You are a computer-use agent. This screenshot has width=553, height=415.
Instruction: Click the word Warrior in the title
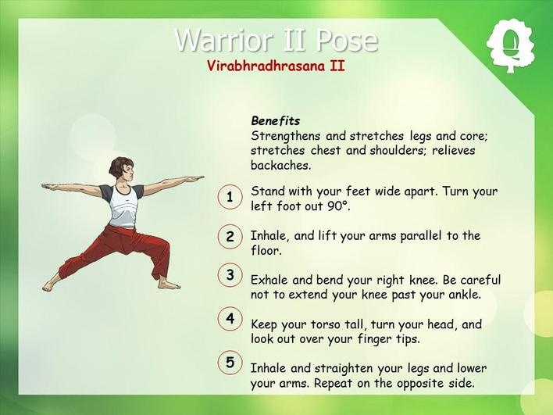pyautogui.click(x=223, y=40)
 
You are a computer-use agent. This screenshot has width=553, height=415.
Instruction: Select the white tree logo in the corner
pyautogui.click(x=510, y=46)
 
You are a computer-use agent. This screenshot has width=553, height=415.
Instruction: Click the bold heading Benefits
pyautogui.click(x=276, y=121)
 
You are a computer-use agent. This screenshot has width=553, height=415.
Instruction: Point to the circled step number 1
pyautogui.click(x=230, y=197)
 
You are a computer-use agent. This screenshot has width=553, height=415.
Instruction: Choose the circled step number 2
pyautogui.click(x=230, y=236)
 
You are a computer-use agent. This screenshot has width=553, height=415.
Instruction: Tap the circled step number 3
pyautogui.click(x=230, y=274)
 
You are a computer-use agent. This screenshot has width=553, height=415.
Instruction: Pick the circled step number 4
pyautogui.click(x=230, y=319)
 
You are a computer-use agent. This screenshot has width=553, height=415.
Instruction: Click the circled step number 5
pyautogui.click(x=230, y=363)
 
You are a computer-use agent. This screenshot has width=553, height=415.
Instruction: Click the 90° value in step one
pyautogui.click(x=338, y=206)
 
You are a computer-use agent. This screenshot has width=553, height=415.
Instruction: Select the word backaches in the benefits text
pyautogui.click(x=280, y=165)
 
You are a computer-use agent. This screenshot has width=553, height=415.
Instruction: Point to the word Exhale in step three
pyautogui.click(x=269, y=280)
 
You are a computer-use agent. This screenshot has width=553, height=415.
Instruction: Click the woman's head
pyautogui.click(x=122, y=170)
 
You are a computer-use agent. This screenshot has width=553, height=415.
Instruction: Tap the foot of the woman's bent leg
pyautogui.click(x=168, y=284)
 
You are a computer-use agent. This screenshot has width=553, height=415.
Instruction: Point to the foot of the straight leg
pyautogui.click(x=51, y=286)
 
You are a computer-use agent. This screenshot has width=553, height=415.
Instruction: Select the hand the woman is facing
pyautogui.click(x=193, y=178)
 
